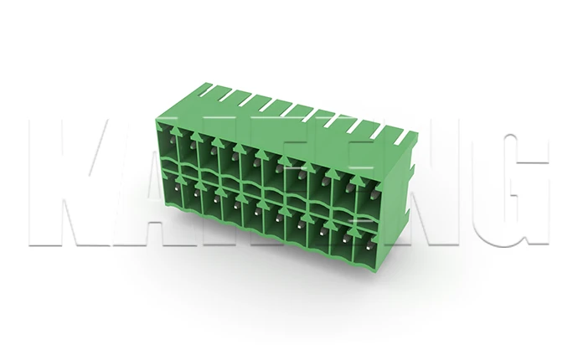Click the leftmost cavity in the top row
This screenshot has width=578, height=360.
(x=168, y=146)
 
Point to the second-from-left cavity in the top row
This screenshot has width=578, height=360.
(x=186, y=151)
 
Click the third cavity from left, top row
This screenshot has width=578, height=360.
(x=205, y=156)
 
